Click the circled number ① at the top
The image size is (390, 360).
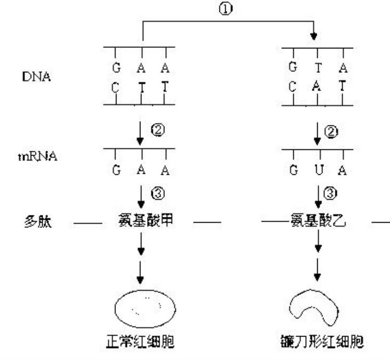pos(228,9)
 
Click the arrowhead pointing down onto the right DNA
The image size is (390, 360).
pos(314,36)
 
